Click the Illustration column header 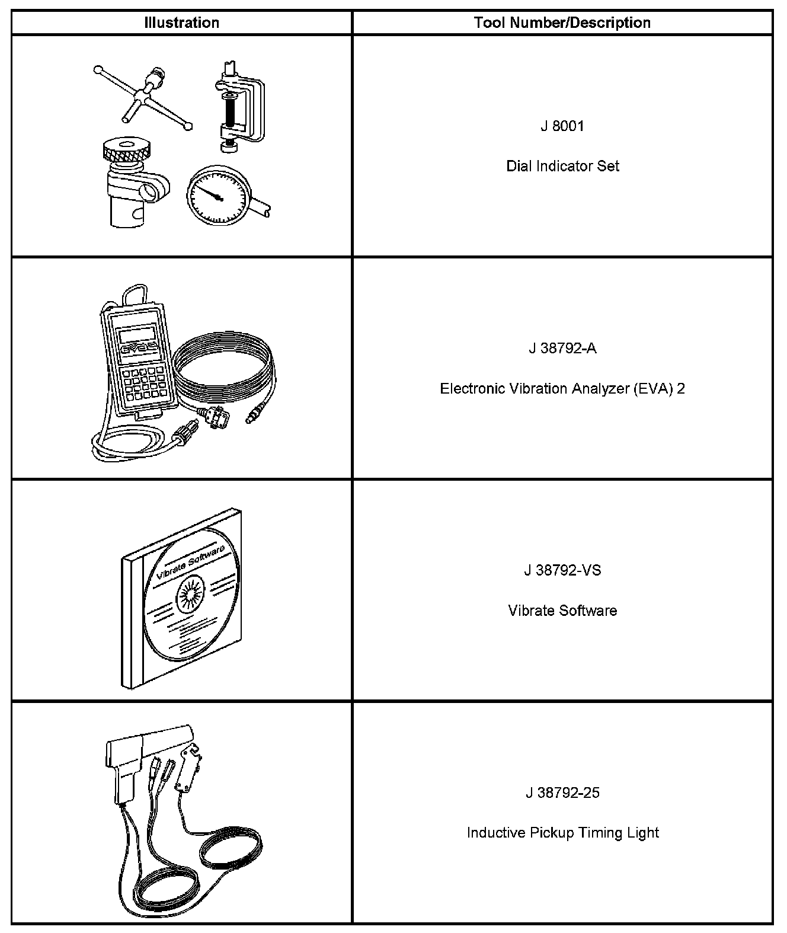coord(181,23)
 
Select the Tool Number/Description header coord(562,23)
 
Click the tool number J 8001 coord(562,126)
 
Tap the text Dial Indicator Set coord(562,166)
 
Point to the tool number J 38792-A coord(562,348)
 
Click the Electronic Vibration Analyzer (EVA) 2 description coord(562,389)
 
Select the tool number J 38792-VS coord(562,570)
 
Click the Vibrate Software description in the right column coord(562,611)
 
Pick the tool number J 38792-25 coord(562,793)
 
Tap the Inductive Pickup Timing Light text coord(562,833)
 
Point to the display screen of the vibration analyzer coord(136,335)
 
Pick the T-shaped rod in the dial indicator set coord(142,95)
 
